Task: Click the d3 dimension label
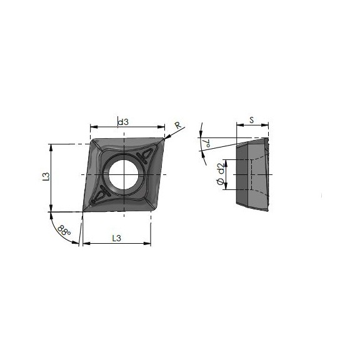(x=123, y=122)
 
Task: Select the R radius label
(x=177, y=126)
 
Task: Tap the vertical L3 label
(x=46, y=177)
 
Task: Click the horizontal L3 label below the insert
(x=116, y=237)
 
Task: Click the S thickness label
(x=251, y=119)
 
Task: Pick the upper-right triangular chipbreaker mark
(x=149, y=152)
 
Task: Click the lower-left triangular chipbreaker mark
(x=100, y=195)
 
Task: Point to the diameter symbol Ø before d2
(x=221, y=182)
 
